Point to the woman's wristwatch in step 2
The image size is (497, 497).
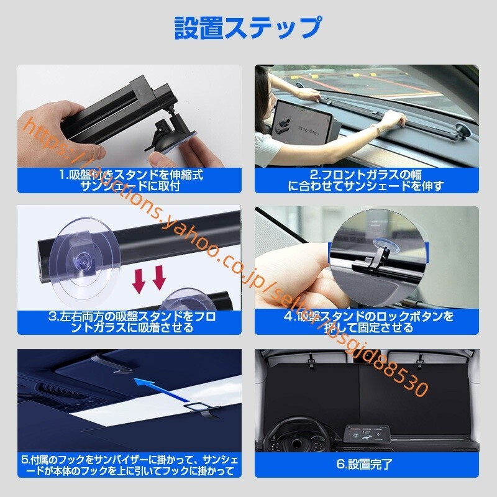click(x=376, y=129)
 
